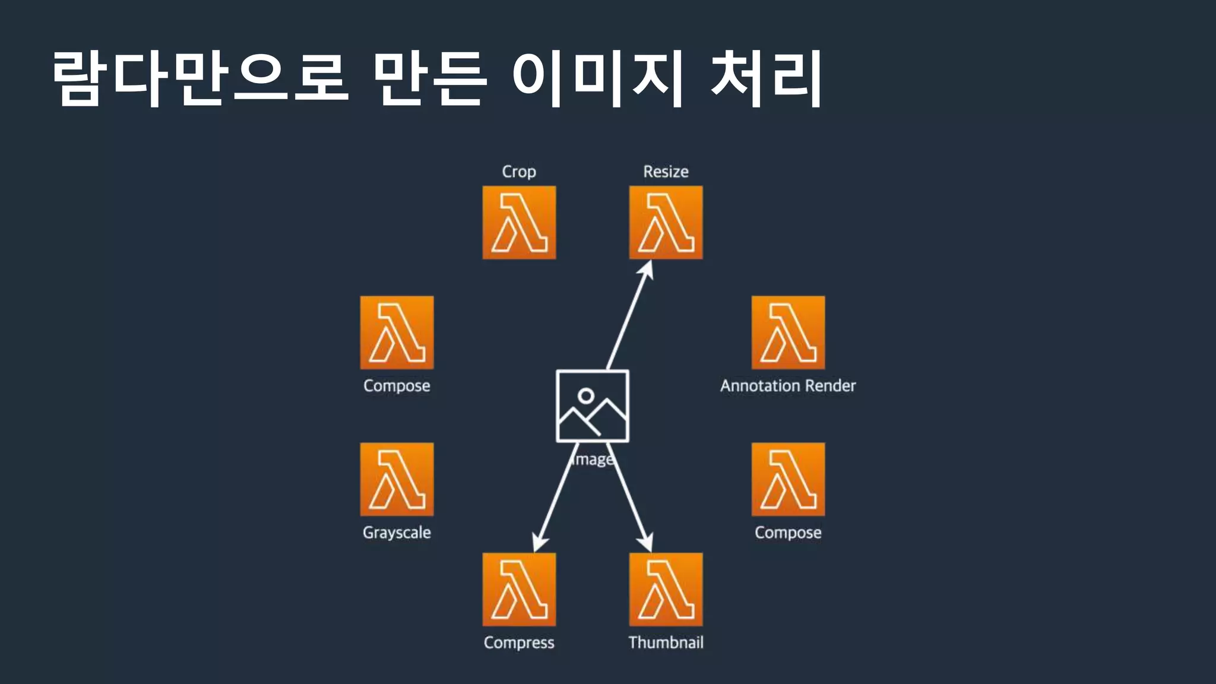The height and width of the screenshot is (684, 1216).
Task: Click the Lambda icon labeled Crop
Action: [519, 223]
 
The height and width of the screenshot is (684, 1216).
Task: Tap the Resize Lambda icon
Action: [666, 223]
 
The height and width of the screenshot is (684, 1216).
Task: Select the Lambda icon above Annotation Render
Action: [788, 332]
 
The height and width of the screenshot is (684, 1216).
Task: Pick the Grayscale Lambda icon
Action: [397, 479]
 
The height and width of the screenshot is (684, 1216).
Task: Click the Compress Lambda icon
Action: [519, 589]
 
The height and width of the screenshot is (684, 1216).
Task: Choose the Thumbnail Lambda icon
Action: [666, 589]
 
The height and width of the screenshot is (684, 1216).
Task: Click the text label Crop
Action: [519, 172]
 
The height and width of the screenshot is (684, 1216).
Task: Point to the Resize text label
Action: [666, 172]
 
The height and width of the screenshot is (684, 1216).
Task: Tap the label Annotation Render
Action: [788, 386]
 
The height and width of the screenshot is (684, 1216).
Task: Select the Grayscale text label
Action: [397, 533]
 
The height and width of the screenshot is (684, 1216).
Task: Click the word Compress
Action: [519, 642]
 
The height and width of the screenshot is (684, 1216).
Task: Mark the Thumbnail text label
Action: [666, 642]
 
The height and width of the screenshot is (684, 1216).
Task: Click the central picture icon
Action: [593, 406]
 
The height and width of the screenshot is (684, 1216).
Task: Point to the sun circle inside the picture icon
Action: [586, 395]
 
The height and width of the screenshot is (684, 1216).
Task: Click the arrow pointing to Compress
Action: [555, 499]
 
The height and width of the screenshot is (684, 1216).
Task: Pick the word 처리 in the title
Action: [766, 78]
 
